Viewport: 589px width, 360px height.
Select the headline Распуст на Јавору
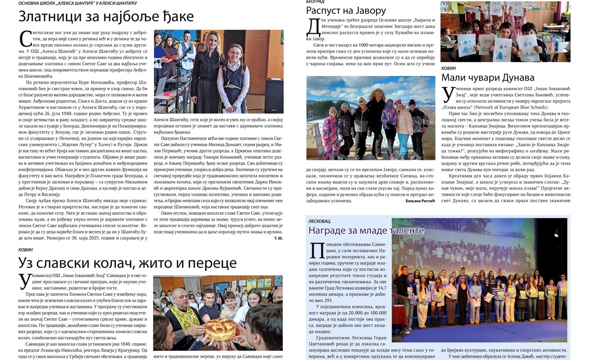[346, 10]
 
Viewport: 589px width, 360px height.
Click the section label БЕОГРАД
[315, 2]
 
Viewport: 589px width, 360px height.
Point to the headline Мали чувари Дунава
[488, 77]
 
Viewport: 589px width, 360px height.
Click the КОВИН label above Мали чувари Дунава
[449, 68]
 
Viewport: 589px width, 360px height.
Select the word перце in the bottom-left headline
[214, 264]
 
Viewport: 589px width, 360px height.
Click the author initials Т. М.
[278, 238]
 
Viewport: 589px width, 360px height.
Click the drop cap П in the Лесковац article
[315, 250]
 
